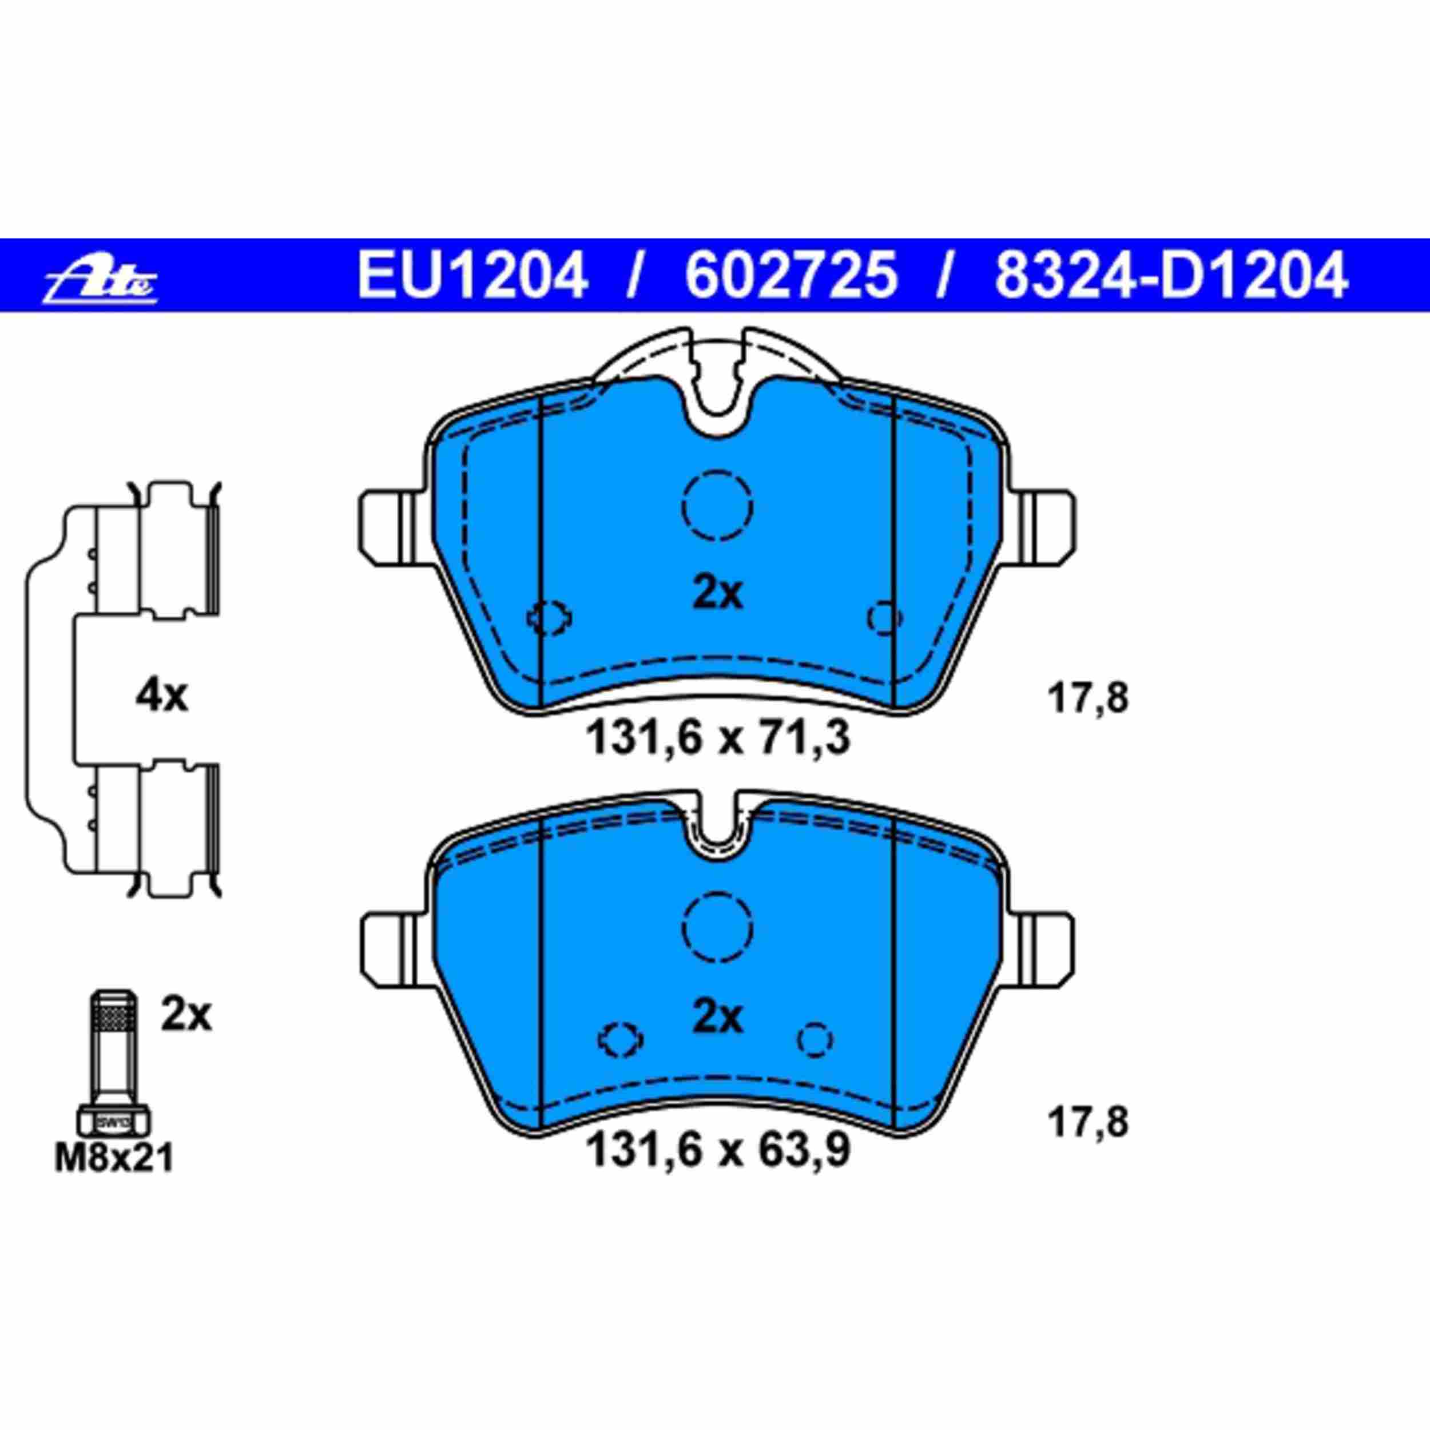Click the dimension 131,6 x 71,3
(717, 738)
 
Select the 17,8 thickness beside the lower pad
(1087, 1123)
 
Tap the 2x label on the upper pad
(717, 593)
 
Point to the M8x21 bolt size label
(114, 1158)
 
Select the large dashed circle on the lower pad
(717, 927)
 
